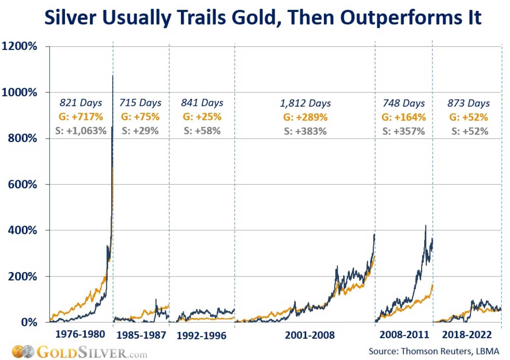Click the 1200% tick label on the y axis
19,46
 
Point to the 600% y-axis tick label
22,184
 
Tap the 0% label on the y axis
29,322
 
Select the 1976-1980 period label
80,334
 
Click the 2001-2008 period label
309,335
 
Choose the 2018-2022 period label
467,335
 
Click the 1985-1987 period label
141,335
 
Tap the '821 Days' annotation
81,103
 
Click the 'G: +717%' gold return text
81,117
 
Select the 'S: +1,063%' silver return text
81,131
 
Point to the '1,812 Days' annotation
305,103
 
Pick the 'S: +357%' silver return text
403,131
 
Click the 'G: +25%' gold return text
202,117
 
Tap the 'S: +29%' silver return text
140,131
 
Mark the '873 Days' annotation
468,103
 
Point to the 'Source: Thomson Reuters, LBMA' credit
434,351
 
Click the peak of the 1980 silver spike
113,76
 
